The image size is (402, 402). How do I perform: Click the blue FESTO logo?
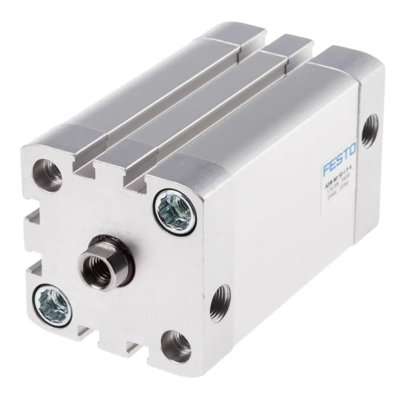click(340, 159)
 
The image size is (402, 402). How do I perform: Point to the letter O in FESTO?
click(352, 150)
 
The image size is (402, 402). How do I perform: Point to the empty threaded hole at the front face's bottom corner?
click(175, 343)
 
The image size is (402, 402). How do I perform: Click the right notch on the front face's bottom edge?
click(133, 347)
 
